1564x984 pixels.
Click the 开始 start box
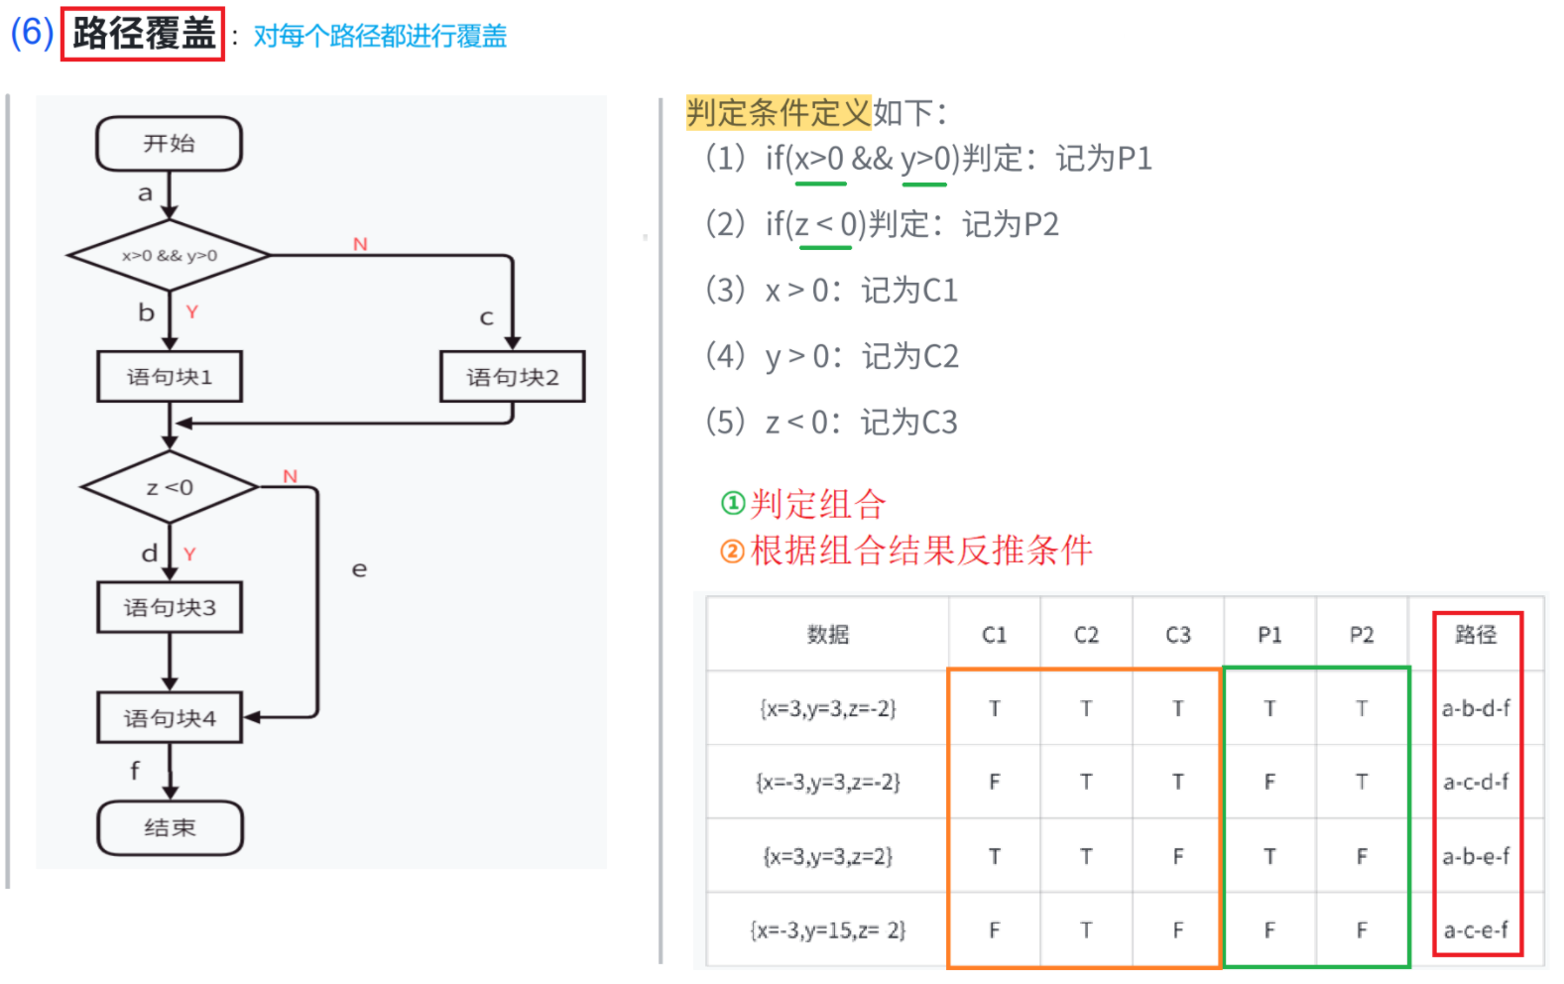tap(169, 144)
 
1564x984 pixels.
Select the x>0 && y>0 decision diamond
tap(169, 255)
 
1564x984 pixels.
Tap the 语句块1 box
tap(169, 377)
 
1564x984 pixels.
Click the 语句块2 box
tap(512, 377)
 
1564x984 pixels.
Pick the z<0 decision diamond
tap(169, 487)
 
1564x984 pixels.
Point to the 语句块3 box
tap(169, 607)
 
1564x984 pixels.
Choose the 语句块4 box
tap(169, 717)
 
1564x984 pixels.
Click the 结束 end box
tap(169, 827)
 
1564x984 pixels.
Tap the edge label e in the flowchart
tap(359, 569)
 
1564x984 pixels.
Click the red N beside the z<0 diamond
tap(290, 476)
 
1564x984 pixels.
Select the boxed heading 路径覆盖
tap(143, 34)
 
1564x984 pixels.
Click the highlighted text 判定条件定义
tap(778, 112)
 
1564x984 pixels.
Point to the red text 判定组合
tap(817, 504)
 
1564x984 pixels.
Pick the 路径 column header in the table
tap(1476, 635)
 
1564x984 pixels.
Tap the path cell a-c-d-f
tap(1476, 782)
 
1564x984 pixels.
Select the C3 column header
tap(1177, 635)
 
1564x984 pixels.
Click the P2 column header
tap(1362, 635)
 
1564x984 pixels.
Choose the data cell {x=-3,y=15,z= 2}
tap(828, 930)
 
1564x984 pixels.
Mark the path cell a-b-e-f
tap(1476, 856)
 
